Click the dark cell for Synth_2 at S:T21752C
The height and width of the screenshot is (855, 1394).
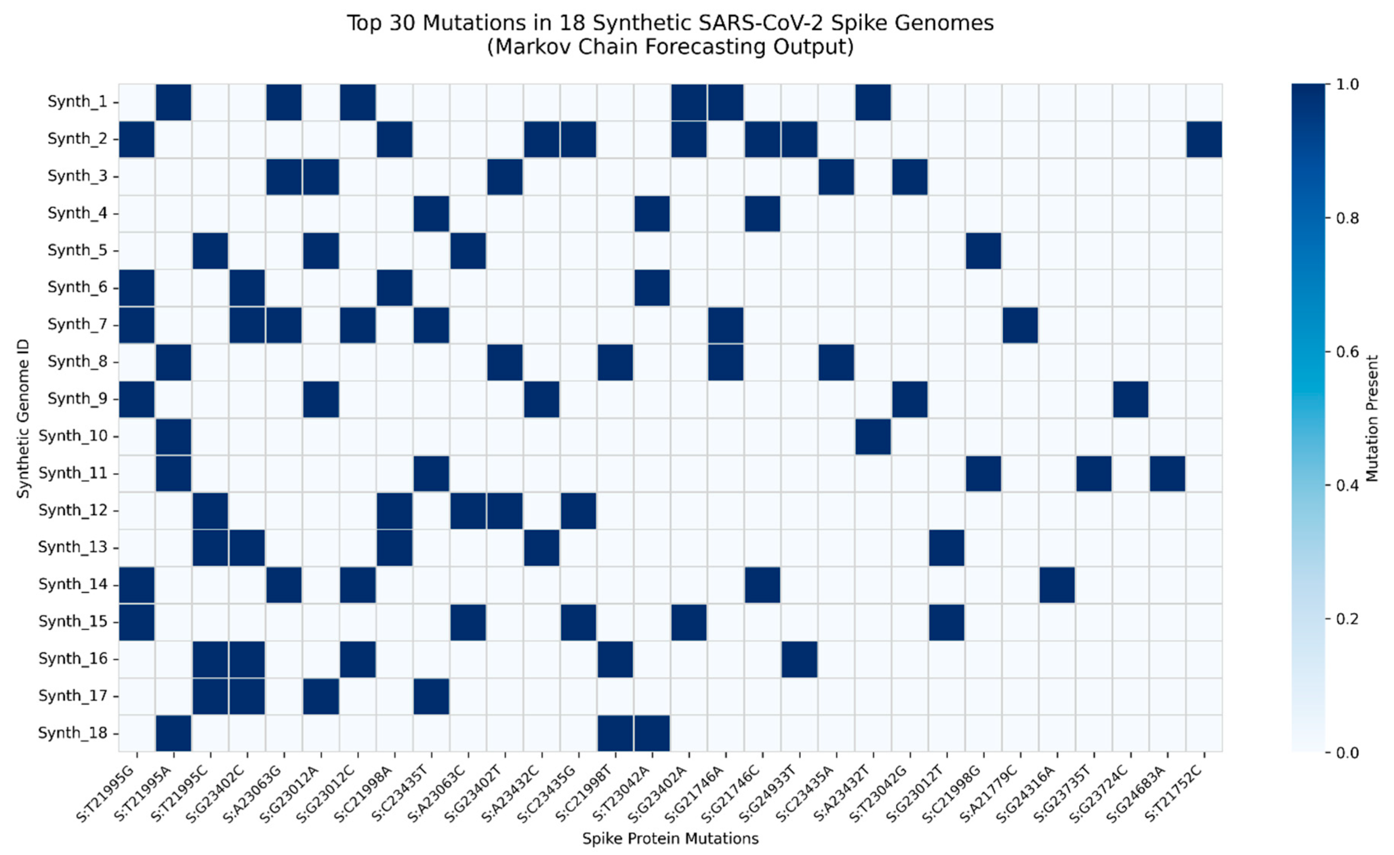point(1204,139)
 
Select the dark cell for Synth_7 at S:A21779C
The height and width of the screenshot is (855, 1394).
point(1020,325)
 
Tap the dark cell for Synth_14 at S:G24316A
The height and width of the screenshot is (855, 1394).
point(1057,584)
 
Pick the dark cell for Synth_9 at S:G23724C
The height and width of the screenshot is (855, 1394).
point(1130,399)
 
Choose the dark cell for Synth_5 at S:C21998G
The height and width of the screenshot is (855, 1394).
point(983,250)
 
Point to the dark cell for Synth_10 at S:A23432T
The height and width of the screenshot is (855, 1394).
point(873,436)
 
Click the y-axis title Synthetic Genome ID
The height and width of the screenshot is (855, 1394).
point(22,419)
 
